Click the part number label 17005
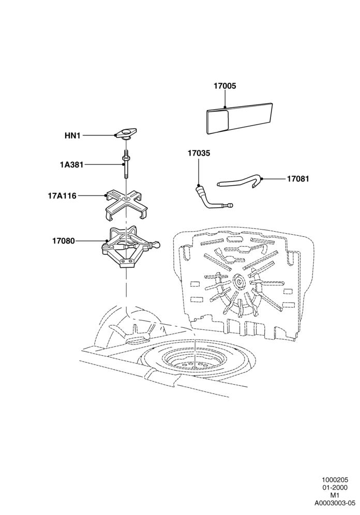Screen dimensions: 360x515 pyautogui.click(x=224, y=86)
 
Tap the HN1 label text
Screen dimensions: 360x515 pyautogui.click(x=72, y=135)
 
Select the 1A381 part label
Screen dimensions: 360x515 pyautogui.click(x=71, y=164)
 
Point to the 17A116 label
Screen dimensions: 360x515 pyautogui.click(x=62, y=196)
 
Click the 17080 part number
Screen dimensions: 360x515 pyautogui.click(x=64, y=241)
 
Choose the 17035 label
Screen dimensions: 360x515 pyautogui.click(x=199, y=154)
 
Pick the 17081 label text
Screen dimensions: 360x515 pyautogui.click(x=298, y=179)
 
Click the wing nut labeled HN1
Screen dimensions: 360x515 pyautogui.click(x=126, y=134)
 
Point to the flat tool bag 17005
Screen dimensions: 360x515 pyautogui.click(x=241, y=117)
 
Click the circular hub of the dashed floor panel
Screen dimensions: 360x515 pyautogui.click(x=239, y=281)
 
